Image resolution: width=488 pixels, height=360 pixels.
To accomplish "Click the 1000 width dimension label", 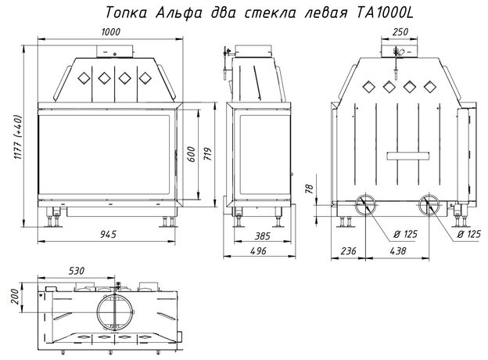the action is click(111, 32).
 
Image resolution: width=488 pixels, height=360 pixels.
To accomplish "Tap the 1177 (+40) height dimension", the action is click(18, 137).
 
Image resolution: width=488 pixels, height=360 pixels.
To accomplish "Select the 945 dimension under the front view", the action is click(108, 234).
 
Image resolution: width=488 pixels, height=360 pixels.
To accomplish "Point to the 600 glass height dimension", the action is click(192, 154).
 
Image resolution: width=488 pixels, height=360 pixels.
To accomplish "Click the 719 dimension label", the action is click(207, 153).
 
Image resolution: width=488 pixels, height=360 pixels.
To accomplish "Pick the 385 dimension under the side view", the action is click(262, 236).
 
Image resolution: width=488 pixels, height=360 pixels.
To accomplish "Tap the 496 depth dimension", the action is click(258, 250).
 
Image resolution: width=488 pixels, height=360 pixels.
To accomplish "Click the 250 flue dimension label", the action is click(400, 32).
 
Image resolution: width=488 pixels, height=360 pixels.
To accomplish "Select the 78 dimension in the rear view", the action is click(310, 189).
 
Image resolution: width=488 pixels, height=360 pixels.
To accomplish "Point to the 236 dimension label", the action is click(348, 250).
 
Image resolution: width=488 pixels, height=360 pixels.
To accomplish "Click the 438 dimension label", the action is click(398, 250).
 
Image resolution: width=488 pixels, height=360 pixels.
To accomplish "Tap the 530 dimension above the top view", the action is click(77, 271).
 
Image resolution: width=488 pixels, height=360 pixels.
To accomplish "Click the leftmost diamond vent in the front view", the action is click(84, 78).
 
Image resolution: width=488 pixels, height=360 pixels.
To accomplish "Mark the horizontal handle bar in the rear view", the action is click(408, 156).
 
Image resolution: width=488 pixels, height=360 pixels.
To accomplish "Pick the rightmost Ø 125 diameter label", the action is click(469, 234).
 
